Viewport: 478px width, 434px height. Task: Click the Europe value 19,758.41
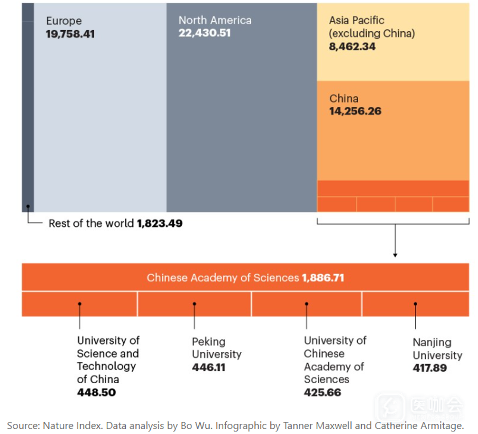[70, 34]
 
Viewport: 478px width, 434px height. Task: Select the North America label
[215, 20]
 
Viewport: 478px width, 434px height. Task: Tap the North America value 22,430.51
[205, 33]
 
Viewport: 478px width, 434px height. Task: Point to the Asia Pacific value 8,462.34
[352, 46]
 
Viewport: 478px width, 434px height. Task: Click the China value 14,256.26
[355, 111]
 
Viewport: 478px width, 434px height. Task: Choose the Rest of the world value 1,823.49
[160, 223]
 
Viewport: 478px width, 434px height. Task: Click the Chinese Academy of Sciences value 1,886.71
[323, 278]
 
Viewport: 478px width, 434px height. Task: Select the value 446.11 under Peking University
[208, 367]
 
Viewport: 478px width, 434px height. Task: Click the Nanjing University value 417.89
[430, 367]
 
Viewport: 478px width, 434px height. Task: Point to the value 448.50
[96, 392]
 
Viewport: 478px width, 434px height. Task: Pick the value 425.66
[323, 392]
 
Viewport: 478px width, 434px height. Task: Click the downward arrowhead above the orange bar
[395, 255]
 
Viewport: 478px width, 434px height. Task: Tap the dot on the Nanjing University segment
[416, 304]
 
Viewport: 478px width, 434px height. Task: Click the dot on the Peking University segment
[195, 304]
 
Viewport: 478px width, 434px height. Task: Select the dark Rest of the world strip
[27, 106]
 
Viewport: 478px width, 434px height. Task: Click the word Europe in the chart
[64, 21]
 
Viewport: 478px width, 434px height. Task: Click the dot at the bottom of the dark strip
[28, 206]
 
